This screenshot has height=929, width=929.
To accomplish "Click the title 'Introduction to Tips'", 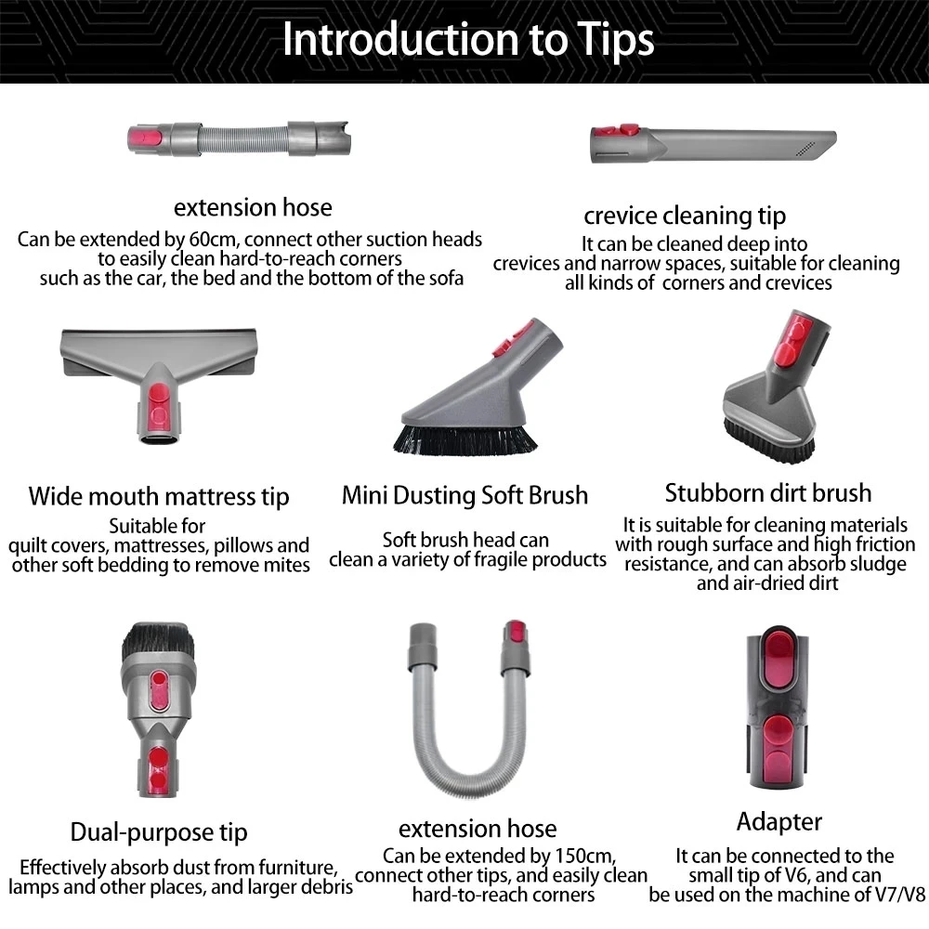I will point(467,40).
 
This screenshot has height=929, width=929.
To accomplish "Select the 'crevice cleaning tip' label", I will point(685,216).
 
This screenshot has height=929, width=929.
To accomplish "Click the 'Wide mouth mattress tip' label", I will point(159,496).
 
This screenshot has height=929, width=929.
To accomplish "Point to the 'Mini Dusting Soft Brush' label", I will point(464,494).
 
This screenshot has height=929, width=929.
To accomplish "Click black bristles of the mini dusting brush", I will point(464,438).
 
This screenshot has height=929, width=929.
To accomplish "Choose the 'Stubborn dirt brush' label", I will point(768,492).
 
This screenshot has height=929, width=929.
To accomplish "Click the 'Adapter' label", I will point(779,821).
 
